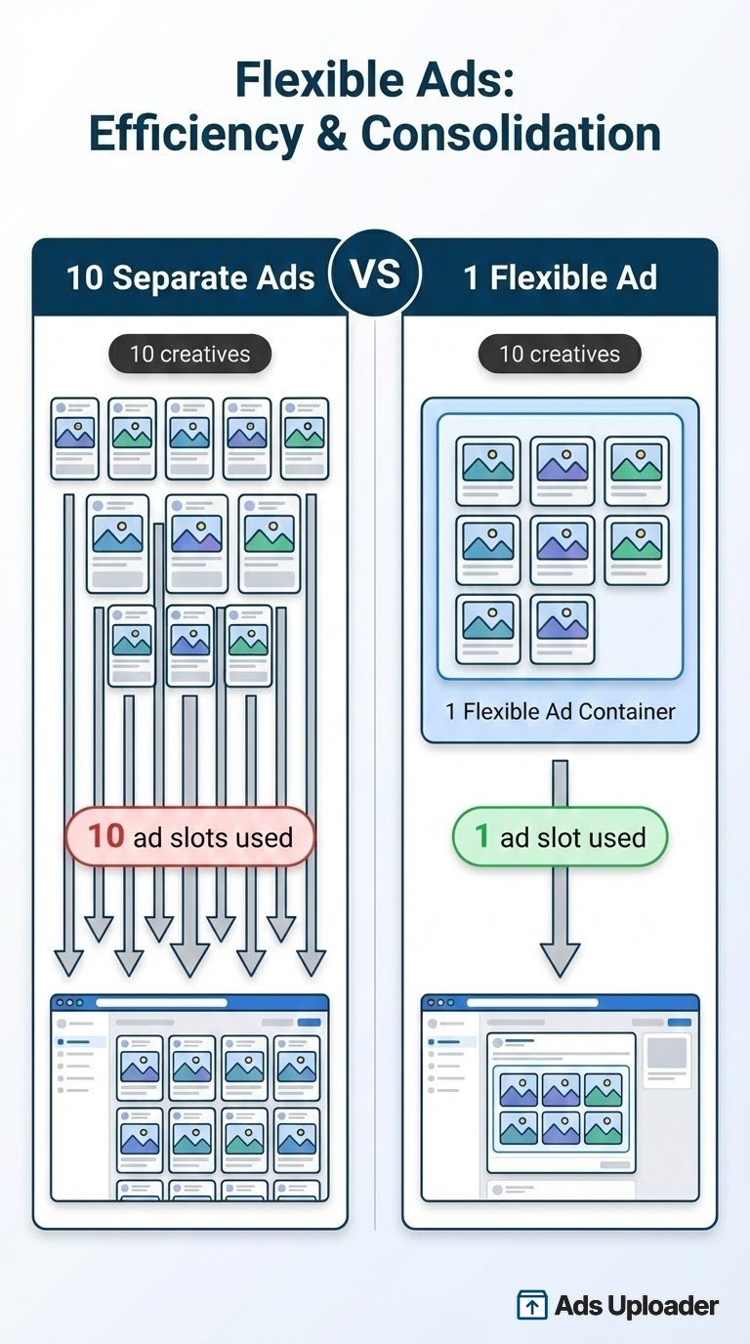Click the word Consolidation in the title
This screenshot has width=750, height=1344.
pos(511,135)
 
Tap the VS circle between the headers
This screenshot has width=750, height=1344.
pos(375,274)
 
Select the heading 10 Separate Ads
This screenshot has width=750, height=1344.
pos(190,278)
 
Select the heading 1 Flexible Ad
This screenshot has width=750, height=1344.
pos(560,278)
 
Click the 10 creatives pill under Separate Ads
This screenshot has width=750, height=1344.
pos(189,354)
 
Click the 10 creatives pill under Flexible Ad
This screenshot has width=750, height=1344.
pos(560,354)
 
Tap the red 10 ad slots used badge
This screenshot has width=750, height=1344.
pos(189,837)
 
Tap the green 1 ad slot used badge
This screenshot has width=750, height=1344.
pos(560,837)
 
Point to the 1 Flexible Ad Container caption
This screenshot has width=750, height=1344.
pos(560,711)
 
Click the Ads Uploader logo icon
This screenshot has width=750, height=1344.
pos(531,1305)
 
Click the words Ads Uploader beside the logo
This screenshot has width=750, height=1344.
pos(636,1305)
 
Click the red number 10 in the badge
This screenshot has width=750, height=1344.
pos(106,836)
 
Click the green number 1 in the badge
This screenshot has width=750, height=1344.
pos(482,836)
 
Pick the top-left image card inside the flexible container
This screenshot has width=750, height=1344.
pos(487,470)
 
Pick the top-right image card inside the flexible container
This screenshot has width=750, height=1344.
pos(636,470)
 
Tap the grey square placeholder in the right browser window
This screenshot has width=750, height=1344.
pos(668,1053)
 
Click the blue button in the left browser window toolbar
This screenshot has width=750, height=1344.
pos(309,1022)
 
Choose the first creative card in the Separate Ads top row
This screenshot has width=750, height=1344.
pos(75,438)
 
